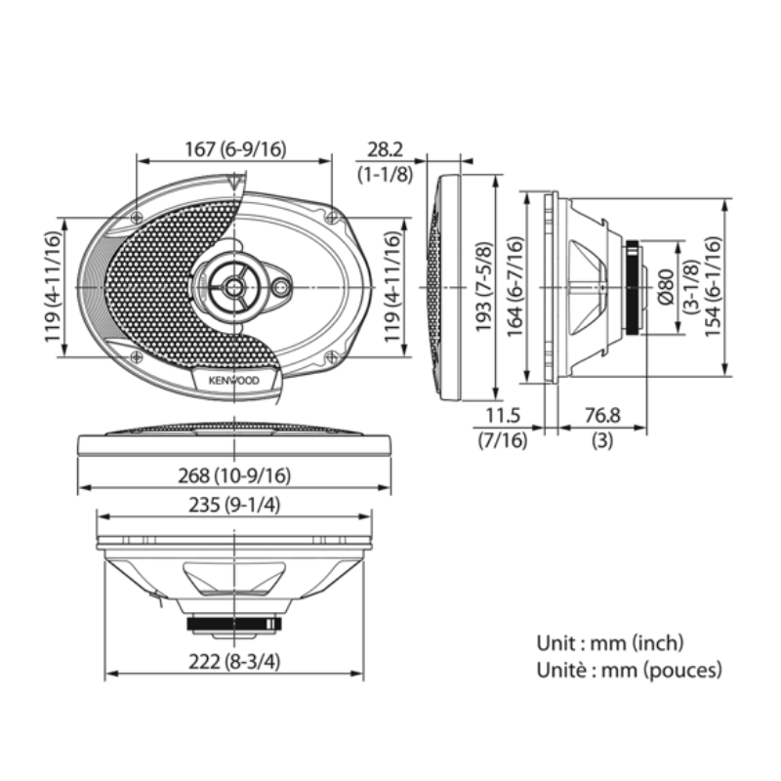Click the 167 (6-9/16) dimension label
click(x=234, y=149)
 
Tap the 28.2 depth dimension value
click(x=385, y=149)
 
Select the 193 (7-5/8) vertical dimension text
click(x=484, y=289)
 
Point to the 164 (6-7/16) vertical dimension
click(x=515, y=289)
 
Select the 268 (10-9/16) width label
click(x=234, y=475)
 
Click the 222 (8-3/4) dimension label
click(x=234, y=661)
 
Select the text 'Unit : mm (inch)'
click(x=610, y=643)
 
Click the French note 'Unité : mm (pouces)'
click(x=630, y=670)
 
